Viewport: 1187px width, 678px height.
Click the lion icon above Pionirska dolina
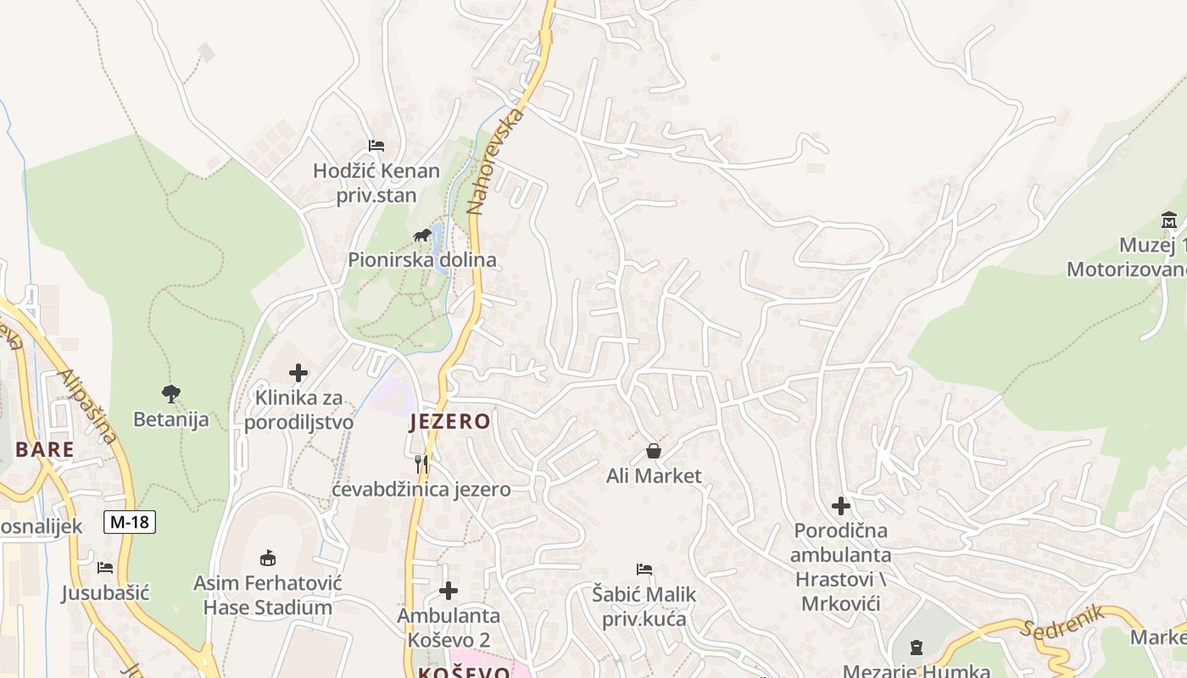(421, 235)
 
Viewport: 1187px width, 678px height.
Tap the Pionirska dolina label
(422, 259)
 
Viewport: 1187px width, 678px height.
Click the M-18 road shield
(130, 522)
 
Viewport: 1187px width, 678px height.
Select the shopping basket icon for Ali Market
(654, 451)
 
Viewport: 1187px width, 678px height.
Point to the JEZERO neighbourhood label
(449, 421)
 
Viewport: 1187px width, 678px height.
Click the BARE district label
(44, 449)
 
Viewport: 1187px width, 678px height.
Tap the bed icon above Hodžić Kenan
(376, 146)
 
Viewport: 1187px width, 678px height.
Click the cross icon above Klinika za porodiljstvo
(298, 373)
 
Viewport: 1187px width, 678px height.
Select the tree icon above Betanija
(171, 393)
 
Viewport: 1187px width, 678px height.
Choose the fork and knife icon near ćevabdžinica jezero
(421, 464)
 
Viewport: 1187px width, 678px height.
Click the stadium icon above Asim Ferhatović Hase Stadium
(268, 557)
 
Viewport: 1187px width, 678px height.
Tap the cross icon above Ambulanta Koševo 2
(449, 591)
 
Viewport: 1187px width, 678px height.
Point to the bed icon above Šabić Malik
(644, 570)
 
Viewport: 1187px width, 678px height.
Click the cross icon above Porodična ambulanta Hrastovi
(841, 506)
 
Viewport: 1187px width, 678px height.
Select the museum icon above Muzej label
(1170, 220)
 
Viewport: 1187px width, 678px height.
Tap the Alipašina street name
(88, 406)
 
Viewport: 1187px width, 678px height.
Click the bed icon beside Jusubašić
(105, 568)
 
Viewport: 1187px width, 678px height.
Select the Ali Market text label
(654, 476)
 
